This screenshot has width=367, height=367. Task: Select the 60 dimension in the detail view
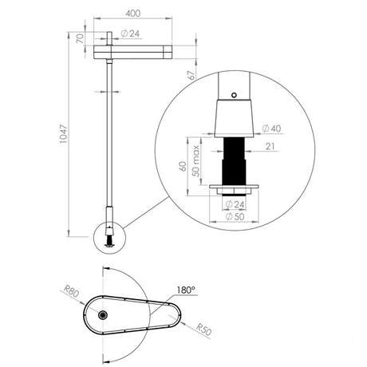[184, 167]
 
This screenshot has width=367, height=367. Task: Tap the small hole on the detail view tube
[233, 95]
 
